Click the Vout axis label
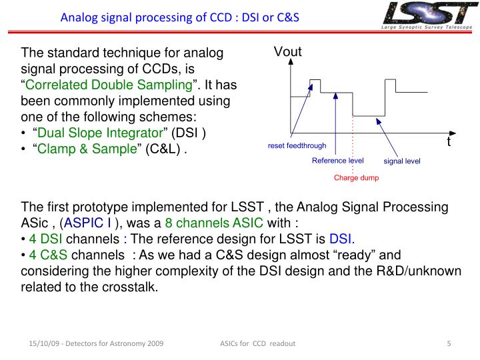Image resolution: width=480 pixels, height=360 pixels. tap(288, 52)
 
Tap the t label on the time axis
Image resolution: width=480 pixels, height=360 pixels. tap(449, 142)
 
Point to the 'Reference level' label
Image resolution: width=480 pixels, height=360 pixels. tap(337, 161)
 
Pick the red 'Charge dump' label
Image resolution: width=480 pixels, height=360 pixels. tap(356, 177)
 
